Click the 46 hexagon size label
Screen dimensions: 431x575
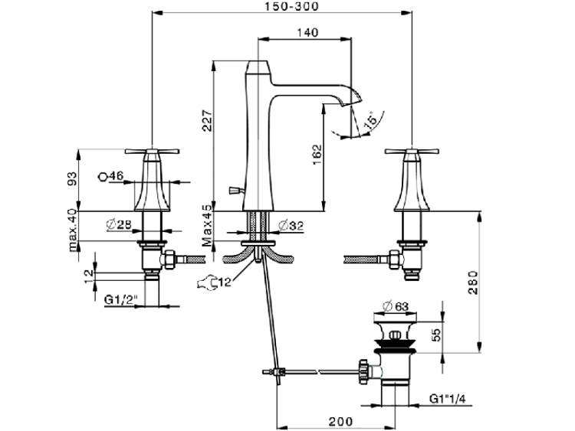[x=113, y=176]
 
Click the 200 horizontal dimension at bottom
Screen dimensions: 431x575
[x=340, y=420]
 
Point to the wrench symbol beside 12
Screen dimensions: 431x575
[x=205, y=286]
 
